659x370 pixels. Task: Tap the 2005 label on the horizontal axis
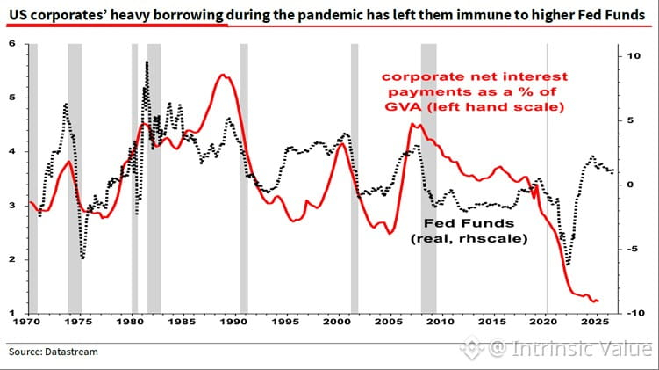[x=390, y=322]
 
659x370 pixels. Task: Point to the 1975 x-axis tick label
[x=80, y=322]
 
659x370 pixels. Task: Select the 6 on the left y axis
[x=11, y=44]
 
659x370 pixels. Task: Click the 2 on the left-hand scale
[x=11, y=259]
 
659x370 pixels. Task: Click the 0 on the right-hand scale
[x=630, y=185]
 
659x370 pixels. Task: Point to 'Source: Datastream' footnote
[x=54, y=352]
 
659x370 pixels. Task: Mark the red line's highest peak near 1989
[x=223, y=76]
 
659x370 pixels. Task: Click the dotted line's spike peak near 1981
[x=147, y=62]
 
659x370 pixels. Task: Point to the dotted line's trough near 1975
[x=82, y=258]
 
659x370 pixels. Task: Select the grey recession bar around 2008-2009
[x=429, y=178]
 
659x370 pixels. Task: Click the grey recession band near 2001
[x=355, y=178]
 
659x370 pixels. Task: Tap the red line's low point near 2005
[x=390, y=233]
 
